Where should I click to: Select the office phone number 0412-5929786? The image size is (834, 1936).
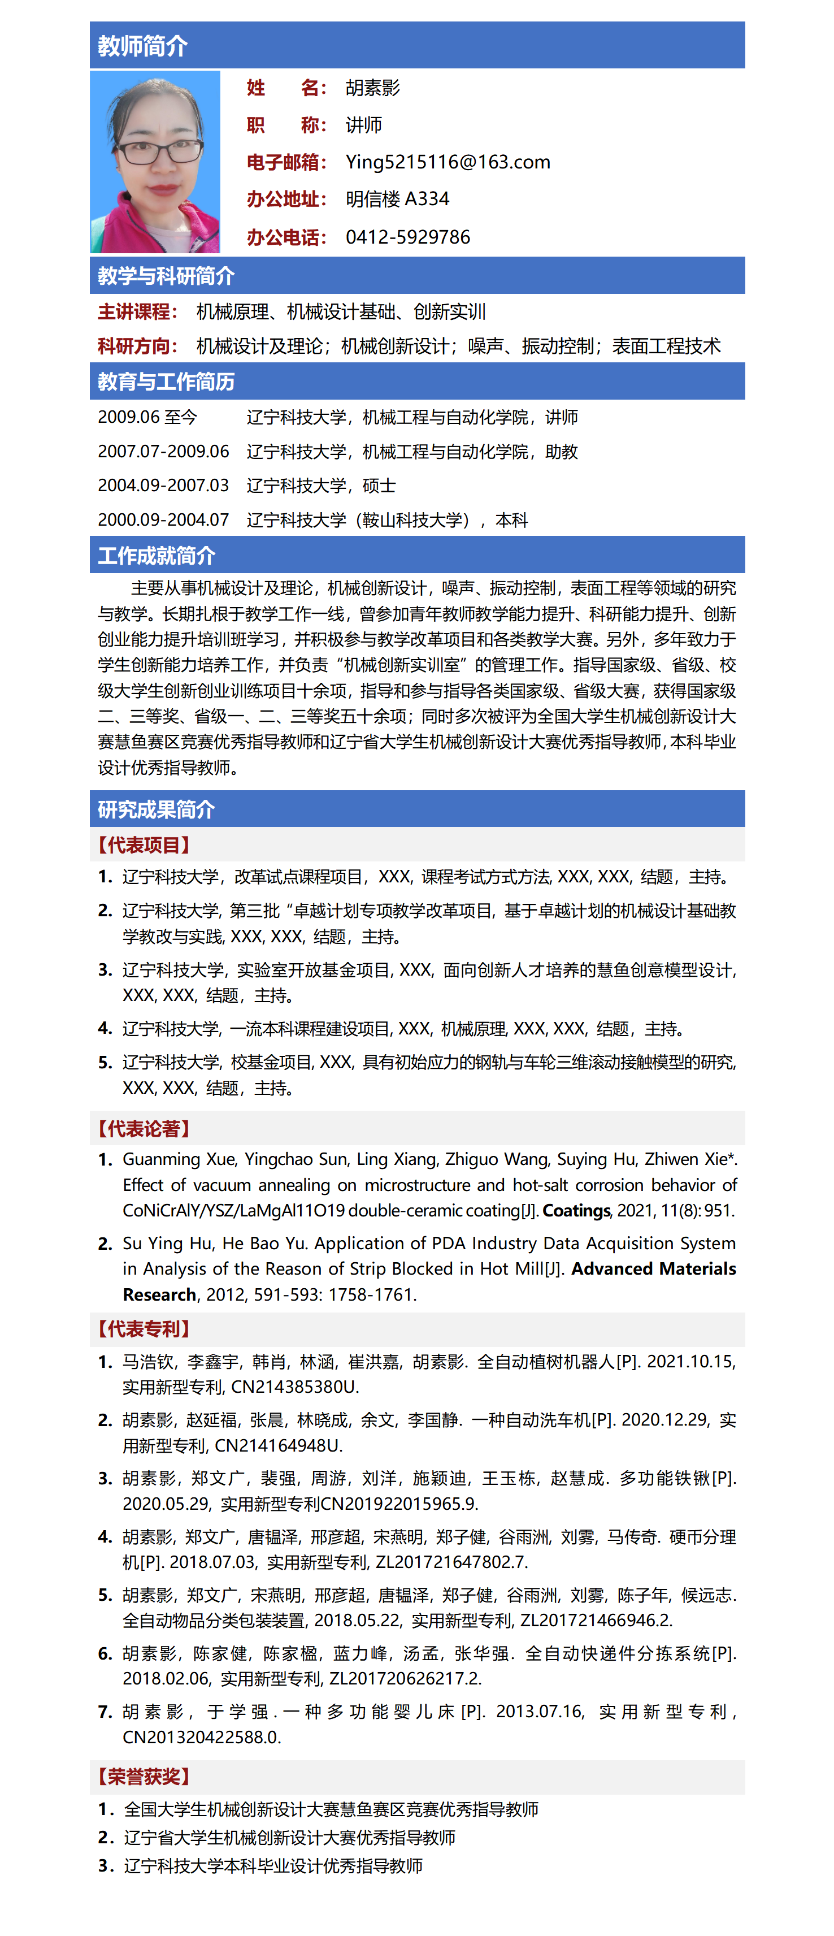(407, 237)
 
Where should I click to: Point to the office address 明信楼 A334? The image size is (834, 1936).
(397, 199)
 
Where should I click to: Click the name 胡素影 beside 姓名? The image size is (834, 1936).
(373, 88)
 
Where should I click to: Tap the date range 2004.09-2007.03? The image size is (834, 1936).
(163, 486)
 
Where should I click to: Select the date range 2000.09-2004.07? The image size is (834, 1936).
(163, 520)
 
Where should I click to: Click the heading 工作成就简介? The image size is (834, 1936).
(157, 556)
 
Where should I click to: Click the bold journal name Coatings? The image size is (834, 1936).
(576, 1210)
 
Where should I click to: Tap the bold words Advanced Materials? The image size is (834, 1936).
(653, 1268)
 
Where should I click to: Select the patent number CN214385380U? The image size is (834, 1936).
(294, 1387)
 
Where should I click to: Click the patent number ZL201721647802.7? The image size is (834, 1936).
(450, 1562)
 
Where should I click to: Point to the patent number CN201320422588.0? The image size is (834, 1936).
(201, 1737)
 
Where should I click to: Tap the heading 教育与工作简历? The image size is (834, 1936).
(166, 382)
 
